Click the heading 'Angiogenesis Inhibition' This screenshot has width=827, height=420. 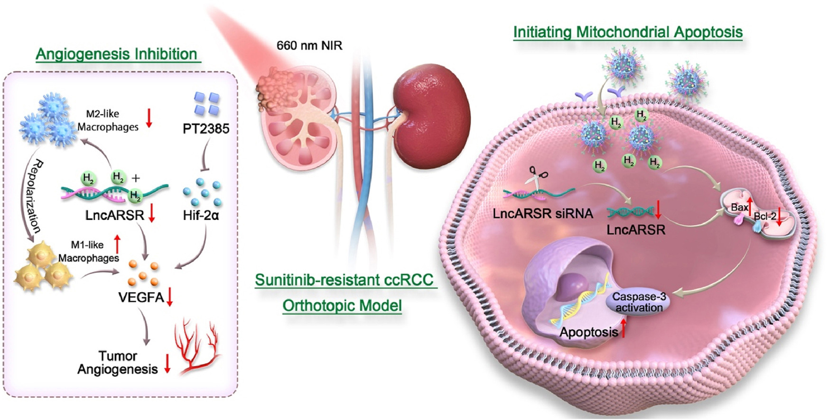pyautogui.click(x=116, y=54)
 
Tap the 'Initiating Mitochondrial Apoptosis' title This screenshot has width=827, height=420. pyautogui.click(x=628, y=32)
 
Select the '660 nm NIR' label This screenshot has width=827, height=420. pyautogui.click(x=309, y=46)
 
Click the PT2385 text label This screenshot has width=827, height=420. pyautogui.click(x=206, y=128)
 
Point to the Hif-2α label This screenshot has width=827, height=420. pyautogui.click(x=201, y=216)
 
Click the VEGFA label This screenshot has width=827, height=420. pyautogui.click(x=141, y=298)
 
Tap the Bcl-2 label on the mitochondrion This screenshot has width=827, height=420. pyautogui.click(x=765, y=216)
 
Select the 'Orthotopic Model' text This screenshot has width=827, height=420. pyautogui.click(x=342, y=306)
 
